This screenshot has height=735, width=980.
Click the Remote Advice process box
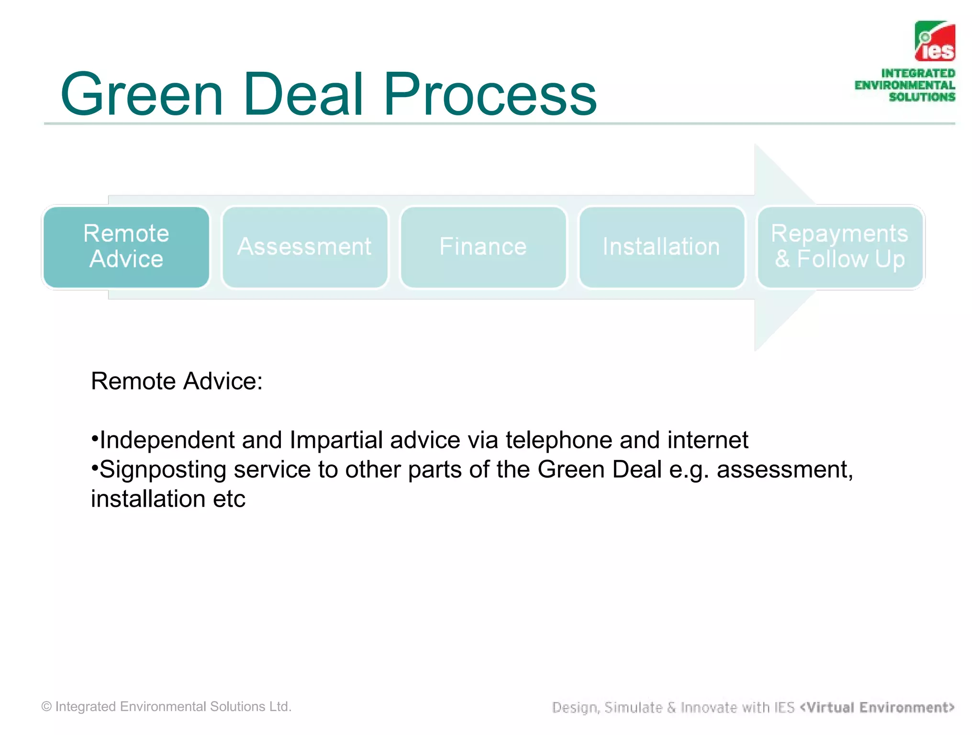tap(126, 247)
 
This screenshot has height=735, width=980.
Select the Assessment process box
tap(305, 247)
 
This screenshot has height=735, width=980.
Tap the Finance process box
tap(483, 247)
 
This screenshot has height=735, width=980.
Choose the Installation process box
tap(661, 247)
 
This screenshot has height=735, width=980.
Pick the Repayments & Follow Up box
tap(840, 247)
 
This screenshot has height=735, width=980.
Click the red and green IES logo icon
tap(935, 41)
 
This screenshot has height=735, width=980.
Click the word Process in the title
tap(490, 95)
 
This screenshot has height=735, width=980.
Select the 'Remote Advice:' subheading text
tap(177, 381)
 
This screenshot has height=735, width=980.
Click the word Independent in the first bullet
tap(167, 440)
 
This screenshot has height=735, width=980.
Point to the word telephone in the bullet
tap(558, 440)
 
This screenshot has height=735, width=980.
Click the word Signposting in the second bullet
tap(163, 469)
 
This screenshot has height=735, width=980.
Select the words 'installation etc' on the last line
tap(168, 499)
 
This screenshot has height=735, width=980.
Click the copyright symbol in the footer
tap(46, 707)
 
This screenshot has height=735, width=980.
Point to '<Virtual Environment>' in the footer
tap(877, 707)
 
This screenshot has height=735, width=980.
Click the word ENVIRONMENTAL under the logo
tap(904, 85)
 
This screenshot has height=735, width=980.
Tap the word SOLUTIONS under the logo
tap(922, 97)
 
